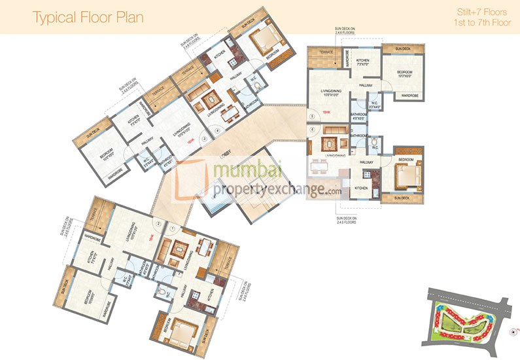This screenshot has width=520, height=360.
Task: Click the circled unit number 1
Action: [172, 228]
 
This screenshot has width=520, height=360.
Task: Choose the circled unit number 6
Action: [313, 130]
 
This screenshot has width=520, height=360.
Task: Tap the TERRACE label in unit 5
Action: [322, 51]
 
